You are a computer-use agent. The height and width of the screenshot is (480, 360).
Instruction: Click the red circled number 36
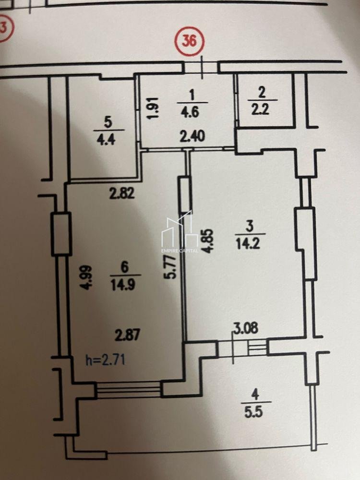189,41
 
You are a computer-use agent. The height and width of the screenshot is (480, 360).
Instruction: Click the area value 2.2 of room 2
260,108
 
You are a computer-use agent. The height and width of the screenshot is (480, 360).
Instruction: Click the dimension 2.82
122,193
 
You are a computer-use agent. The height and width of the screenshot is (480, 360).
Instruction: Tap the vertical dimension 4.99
86,277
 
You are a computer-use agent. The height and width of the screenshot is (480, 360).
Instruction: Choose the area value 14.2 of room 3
248,244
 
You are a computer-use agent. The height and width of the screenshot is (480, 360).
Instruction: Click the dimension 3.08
246,327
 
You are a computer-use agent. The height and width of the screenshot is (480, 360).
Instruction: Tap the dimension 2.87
127,335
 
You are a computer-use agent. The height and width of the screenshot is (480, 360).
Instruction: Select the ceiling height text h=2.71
105,360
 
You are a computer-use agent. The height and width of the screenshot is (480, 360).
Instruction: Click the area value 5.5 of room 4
253,412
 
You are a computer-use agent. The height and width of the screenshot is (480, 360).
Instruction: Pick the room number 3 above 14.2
250,227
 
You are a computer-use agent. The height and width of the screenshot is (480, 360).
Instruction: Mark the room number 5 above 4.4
108,122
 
